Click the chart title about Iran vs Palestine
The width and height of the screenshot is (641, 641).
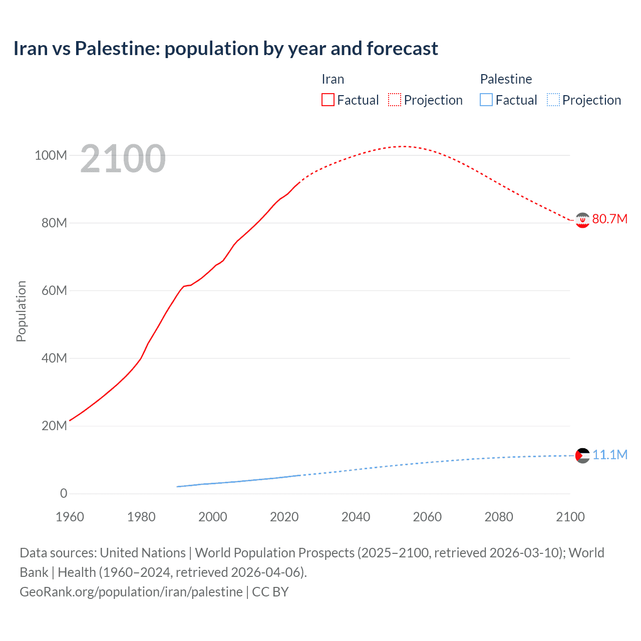point(225,49)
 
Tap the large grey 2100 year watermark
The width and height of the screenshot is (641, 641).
point(123,159)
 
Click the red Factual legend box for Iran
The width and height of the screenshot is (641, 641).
point(328,100)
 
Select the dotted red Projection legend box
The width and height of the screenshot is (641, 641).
point(395,100)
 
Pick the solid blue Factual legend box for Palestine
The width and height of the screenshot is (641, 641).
point(486,100)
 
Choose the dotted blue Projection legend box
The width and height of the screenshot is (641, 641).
point(553,100)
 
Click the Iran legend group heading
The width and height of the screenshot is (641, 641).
point(333,79)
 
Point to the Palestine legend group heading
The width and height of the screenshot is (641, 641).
point(506,79)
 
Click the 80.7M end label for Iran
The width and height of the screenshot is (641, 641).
point(609,219)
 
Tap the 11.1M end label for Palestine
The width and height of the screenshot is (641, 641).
point(609,455)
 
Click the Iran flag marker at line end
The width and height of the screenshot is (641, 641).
point(582,220)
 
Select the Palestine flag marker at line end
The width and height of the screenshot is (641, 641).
point(582,456)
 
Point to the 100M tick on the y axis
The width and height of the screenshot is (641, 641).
point(51,155)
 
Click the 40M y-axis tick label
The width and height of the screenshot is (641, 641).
point(54,358)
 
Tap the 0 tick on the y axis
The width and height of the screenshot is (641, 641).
point(64,493)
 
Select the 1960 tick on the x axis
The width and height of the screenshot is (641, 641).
point(70,517)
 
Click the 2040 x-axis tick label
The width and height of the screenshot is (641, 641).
point(356,517)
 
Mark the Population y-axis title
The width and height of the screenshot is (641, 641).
point(21,311)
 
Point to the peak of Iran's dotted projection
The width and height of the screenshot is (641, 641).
point(403,146)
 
